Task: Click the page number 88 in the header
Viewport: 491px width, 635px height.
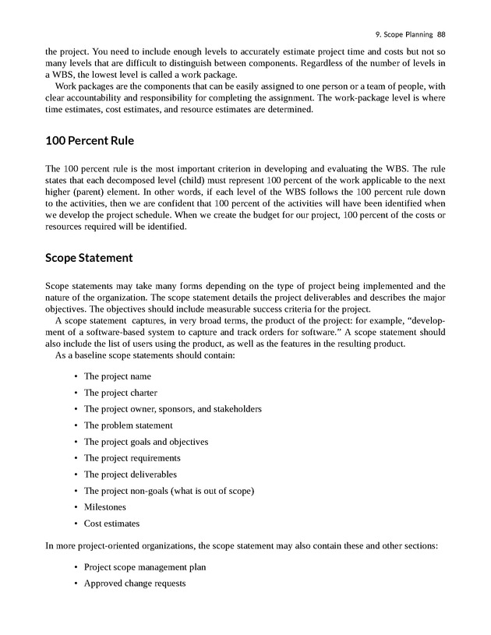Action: click(x=441, y=34)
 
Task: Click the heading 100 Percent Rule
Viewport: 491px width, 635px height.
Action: click(x=90, y=142)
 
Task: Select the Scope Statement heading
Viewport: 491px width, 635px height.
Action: click(x=89, y=257)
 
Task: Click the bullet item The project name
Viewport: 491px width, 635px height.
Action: click(x=117, y=376)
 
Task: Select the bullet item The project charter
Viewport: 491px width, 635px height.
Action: click(x=120, y=393)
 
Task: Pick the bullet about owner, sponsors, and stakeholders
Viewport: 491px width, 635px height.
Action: click(x=172, y=409)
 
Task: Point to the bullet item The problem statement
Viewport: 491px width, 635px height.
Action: click(x=128, y=425)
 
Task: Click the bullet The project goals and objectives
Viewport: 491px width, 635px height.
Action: click(x=146, y=442)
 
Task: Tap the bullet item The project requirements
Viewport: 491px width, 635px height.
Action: click(x=132, y=458)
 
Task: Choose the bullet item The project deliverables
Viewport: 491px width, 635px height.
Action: click(x=130, y=474)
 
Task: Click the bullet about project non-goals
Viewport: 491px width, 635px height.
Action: click(x=169, y=491)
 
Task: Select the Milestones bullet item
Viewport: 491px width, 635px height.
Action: click(x=104, y=507)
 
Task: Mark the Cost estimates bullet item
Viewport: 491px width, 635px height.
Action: click(x=111, y=524)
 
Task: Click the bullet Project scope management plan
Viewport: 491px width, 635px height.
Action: click(x=145, y=567)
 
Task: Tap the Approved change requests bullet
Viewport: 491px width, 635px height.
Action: click(x=134, y=583)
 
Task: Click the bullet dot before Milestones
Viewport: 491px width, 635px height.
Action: click(x=75, y=507)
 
